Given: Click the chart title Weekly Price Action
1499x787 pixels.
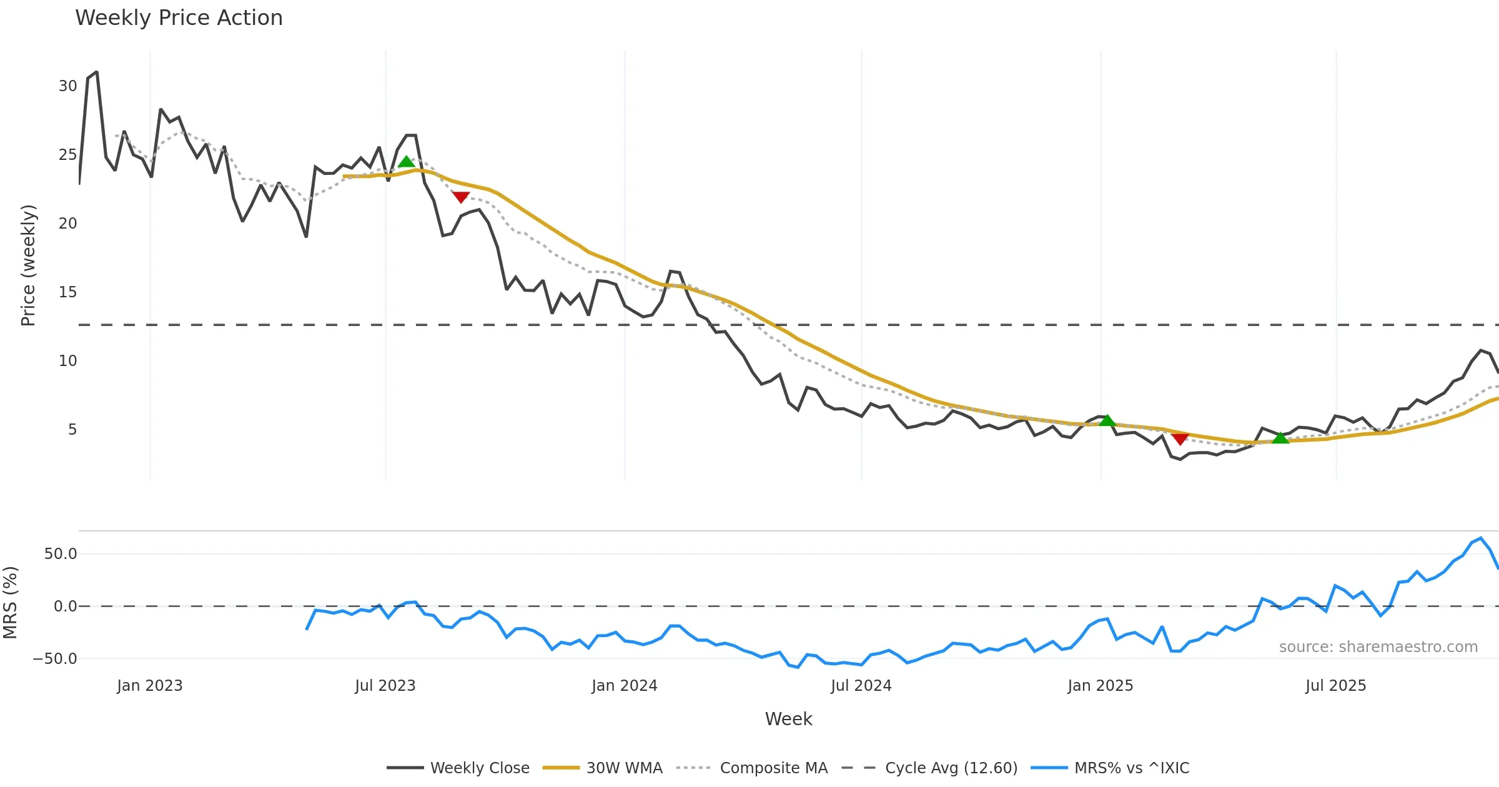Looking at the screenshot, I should coord(179,18).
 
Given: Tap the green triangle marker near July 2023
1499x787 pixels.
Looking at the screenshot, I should coord(406,162).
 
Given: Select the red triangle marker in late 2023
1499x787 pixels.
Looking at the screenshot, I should coord(460,197).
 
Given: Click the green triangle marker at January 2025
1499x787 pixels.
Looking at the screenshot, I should coord(1107,420).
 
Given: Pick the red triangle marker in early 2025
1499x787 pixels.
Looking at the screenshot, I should coord(1180,439).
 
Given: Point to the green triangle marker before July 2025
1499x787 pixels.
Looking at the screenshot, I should coord(1280,438).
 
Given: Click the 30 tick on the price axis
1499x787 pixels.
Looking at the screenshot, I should coord(67,86).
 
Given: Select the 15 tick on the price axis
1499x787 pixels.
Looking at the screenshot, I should coord(67,292).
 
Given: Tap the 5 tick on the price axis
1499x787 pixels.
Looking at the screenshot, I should coord(72,430).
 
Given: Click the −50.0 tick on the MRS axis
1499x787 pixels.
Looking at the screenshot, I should coord(55,659).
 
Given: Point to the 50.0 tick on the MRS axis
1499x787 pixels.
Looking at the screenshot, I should coord(61,554).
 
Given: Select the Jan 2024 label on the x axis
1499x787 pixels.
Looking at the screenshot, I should coord(625,686).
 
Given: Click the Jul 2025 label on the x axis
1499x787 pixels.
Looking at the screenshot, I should coord(1335,686).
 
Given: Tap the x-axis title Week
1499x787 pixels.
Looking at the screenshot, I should coord(788,720).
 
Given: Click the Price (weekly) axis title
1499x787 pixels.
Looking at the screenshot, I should coord(29,265).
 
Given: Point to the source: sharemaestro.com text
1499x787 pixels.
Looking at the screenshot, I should coord(1378,647).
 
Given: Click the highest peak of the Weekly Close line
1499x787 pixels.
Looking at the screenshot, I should coord(96,72).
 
